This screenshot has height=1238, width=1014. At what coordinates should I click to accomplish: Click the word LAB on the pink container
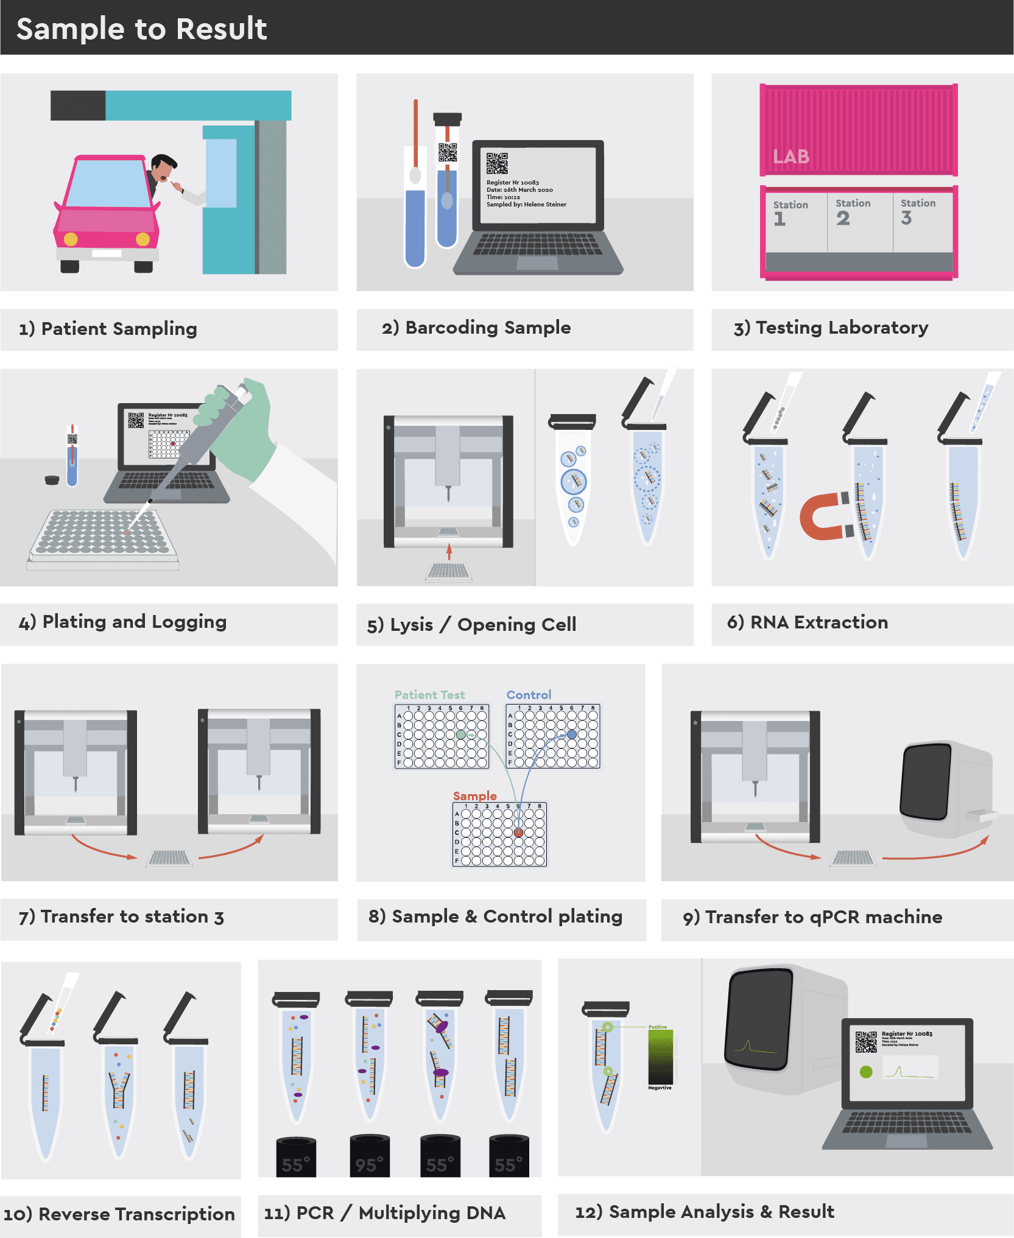(x=791, y=157)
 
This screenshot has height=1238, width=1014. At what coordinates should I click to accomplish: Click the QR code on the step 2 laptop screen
(x=497, y=163)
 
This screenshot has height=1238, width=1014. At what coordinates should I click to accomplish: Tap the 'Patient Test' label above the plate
(x=429, y=695)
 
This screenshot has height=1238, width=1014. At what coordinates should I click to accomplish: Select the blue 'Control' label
(x=529, y=695)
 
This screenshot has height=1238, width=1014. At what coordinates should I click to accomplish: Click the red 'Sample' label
(x=474, y=796)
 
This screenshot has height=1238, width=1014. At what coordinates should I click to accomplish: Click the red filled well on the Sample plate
(x=518, y=832)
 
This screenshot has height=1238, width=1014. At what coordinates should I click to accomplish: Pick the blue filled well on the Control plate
(x=571, y=734)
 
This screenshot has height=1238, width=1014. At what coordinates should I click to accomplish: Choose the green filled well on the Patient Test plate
(x=461, y=735)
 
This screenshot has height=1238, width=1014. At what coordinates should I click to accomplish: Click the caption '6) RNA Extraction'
(x=807, y=622)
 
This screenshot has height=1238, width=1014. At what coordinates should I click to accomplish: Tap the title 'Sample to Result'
(x=141, y=29)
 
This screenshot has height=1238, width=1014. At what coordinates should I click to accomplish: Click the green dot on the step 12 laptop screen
(x=866, y=1072)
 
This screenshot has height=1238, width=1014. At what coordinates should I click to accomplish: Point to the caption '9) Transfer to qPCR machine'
(x=812, y=917)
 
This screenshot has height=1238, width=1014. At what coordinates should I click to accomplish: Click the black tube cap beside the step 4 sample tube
(x=52, y=480)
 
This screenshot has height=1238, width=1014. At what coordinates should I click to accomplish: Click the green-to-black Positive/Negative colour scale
(x=661, y=1057)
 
